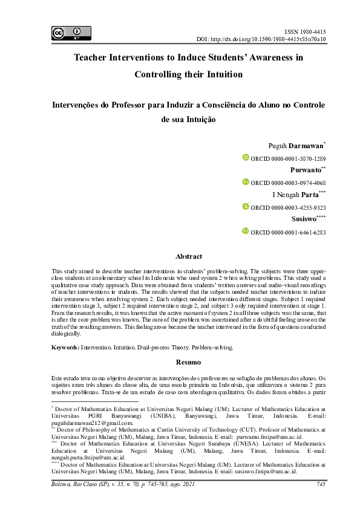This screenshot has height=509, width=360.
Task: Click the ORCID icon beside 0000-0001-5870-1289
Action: click(246, 158)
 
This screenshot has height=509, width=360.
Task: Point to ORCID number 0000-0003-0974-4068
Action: click(296, 183)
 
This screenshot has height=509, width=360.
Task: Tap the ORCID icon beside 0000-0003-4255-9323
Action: click(246, 207)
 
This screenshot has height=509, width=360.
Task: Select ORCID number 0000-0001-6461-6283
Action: click(296, 232)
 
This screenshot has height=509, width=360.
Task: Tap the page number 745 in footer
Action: click(321, 484)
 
